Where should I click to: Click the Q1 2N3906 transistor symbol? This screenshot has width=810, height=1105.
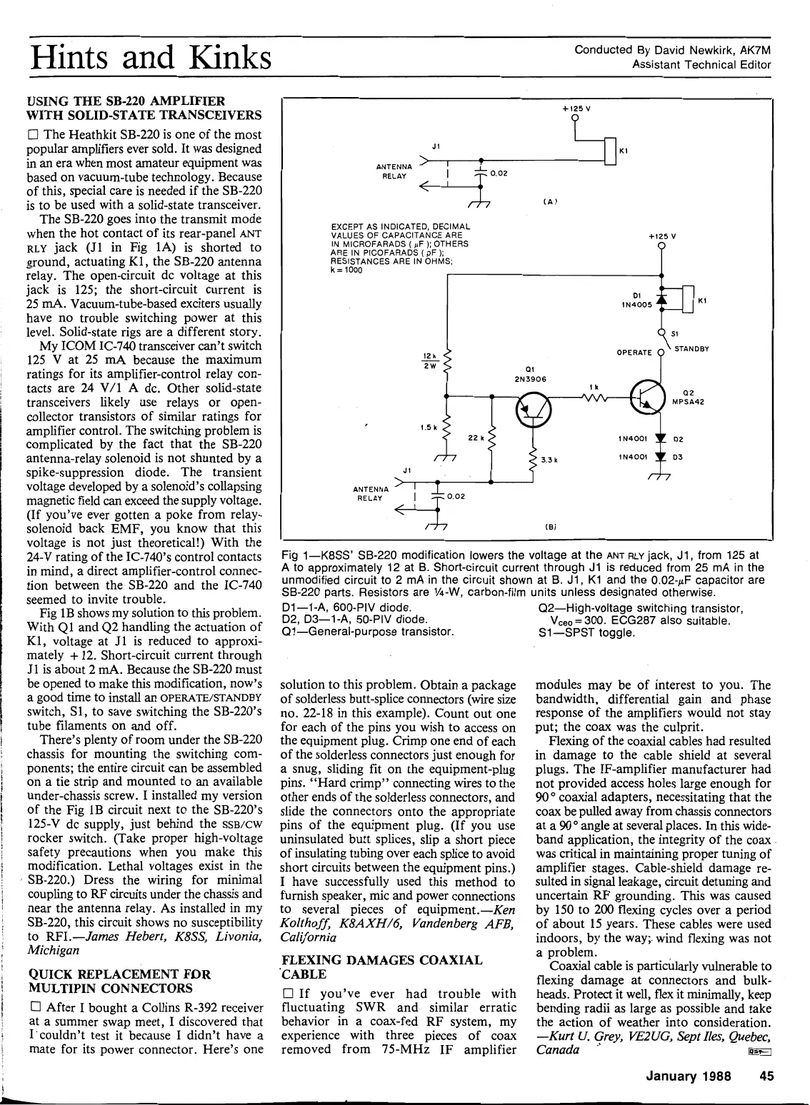tap(534, 408)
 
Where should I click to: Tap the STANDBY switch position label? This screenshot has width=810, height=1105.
tap(691, 349)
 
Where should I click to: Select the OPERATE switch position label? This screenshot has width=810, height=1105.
tap(634, 352)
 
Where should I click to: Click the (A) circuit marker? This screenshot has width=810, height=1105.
tap(549, 202)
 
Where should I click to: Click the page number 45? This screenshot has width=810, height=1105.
tap(767, 1077)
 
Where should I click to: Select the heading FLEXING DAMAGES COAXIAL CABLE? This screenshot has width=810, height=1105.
tap(382, 967)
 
